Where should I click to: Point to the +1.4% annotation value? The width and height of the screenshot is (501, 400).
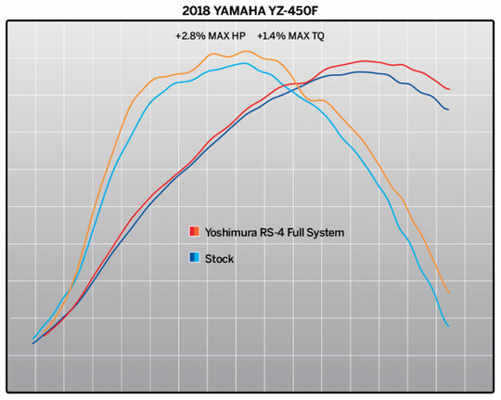point(272,36)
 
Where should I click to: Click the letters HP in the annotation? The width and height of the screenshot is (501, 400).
point(238,36)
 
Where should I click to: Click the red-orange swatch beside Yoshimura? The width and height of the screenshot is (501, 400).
point(193,231)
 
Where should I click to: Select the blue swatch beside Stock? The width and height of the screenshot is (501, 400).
point(193,258)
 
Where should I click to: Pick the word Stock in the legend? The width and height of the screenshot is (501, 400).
point(219,258)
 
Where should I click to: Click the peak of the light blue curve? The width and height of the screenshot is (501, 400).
point(244,63)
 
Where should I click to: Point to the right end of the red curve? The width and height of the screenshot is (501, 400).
point(450,90)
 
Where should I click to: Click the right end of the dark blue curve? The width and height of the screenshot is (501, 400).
point(449,110)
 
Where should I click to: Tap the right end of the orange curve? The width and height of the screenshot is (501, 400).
point(450,293)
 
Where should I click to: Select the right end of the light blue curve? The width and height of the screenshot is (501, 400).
point(449,326)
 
